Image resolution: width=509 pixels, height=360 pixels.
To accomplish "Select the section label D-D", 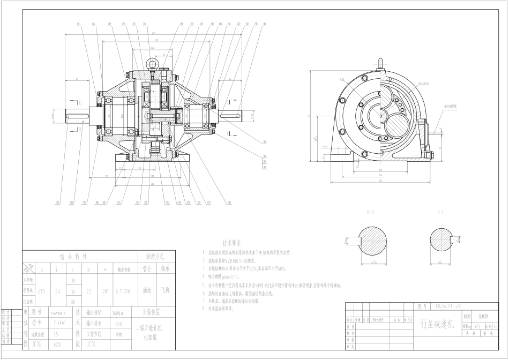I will click(370, 213).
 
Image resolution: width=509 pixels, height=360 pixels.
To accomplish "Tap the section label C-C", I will click(441, 213).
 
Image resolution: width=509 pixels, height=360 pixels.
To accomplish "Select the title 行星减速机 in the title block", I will click(437, 324).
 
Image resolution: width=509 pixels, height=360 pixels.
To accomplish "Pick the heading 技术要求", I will click(232, 243).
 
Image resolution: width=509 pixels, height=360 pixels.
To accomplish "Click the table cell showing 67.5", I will click(42, 291).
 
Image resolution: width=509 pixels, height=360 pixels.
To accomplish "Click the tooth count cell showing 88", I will click(73, 301).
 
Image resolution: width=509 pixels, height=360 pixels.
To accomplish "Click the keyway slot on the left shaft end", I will click(75, 115).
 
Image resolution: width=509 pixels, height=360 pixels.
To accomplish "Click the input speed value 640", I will click(119, 323).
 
